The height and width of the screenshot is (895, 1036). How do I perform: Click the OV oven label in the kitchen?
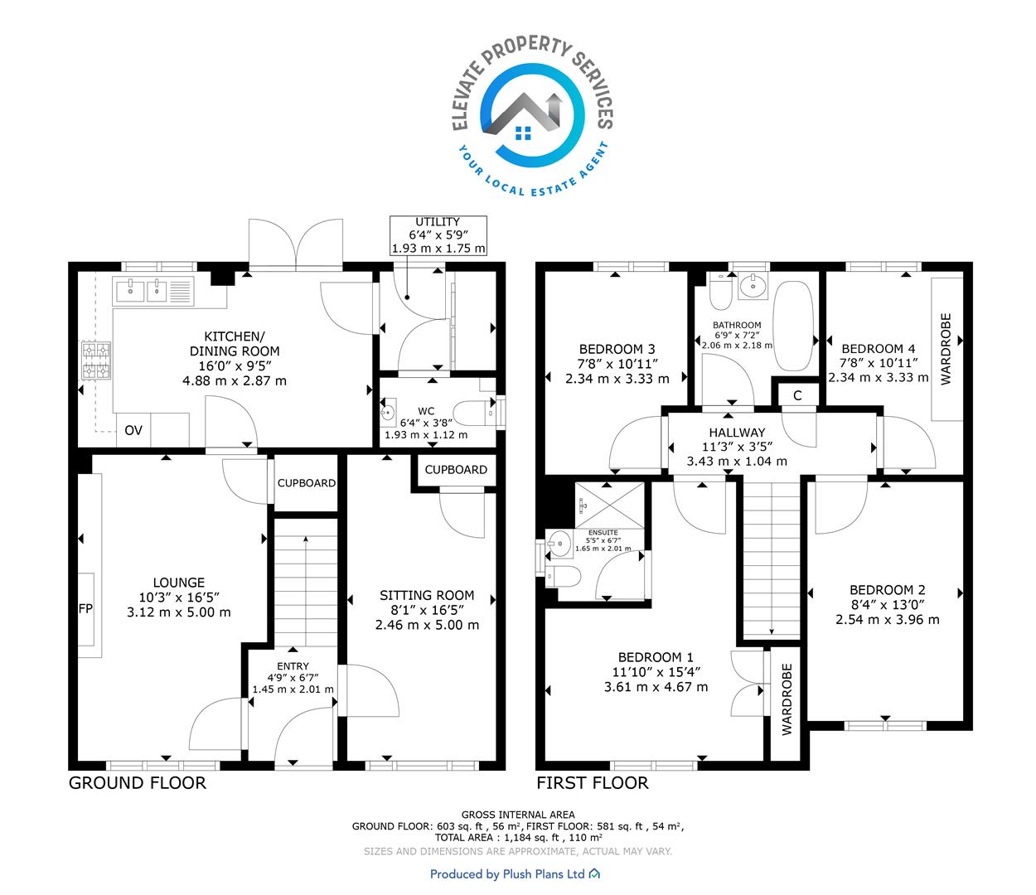tap(133, 430)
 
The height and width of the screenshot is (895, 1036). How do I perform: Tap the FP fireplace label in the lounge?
tap(85, 608)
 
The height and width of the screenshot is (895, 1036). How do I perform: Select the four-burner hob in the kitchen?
tap(96, 360)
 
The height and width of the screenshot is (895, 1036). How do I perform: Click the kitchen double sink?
tap(143, 291)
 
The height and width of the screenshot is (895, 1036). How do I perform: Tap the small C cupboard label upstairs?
tap(797, 395)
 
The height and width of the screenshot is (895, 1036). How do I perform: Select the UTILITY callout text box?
tap(438, 235)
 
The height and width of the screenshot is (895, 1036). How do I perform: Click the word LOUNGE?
tap(179, 583)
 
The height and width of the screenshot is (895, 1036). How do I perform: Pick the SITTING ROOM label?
tap(427, 595)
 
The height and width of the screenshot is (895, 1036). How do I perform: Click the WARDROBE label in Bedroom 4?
tap(946, 349)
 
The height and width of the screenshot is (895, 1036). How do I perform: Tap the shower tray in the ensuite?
tap(609, 506)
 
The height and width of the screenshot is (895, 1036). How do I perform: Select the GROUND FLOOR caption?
tap(138, 783)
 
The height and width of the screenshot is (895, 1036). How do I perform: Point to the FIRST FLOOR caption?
tap(593, 783)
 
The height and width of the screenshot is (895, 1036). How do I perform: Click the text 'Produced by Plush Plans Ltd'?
tap(507, 874)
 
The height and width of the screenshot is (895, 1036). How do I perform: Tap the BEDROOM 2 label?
tap(887, 590)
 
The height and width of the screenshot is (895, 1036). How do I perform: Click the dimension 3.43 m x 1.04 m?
tap(737, 461)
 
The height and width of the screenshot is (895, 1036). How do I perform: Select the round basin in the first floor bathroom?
tap(753, 286)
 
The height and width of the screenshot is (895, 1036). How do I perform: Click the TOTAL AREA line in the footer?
tap(518, 837)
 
